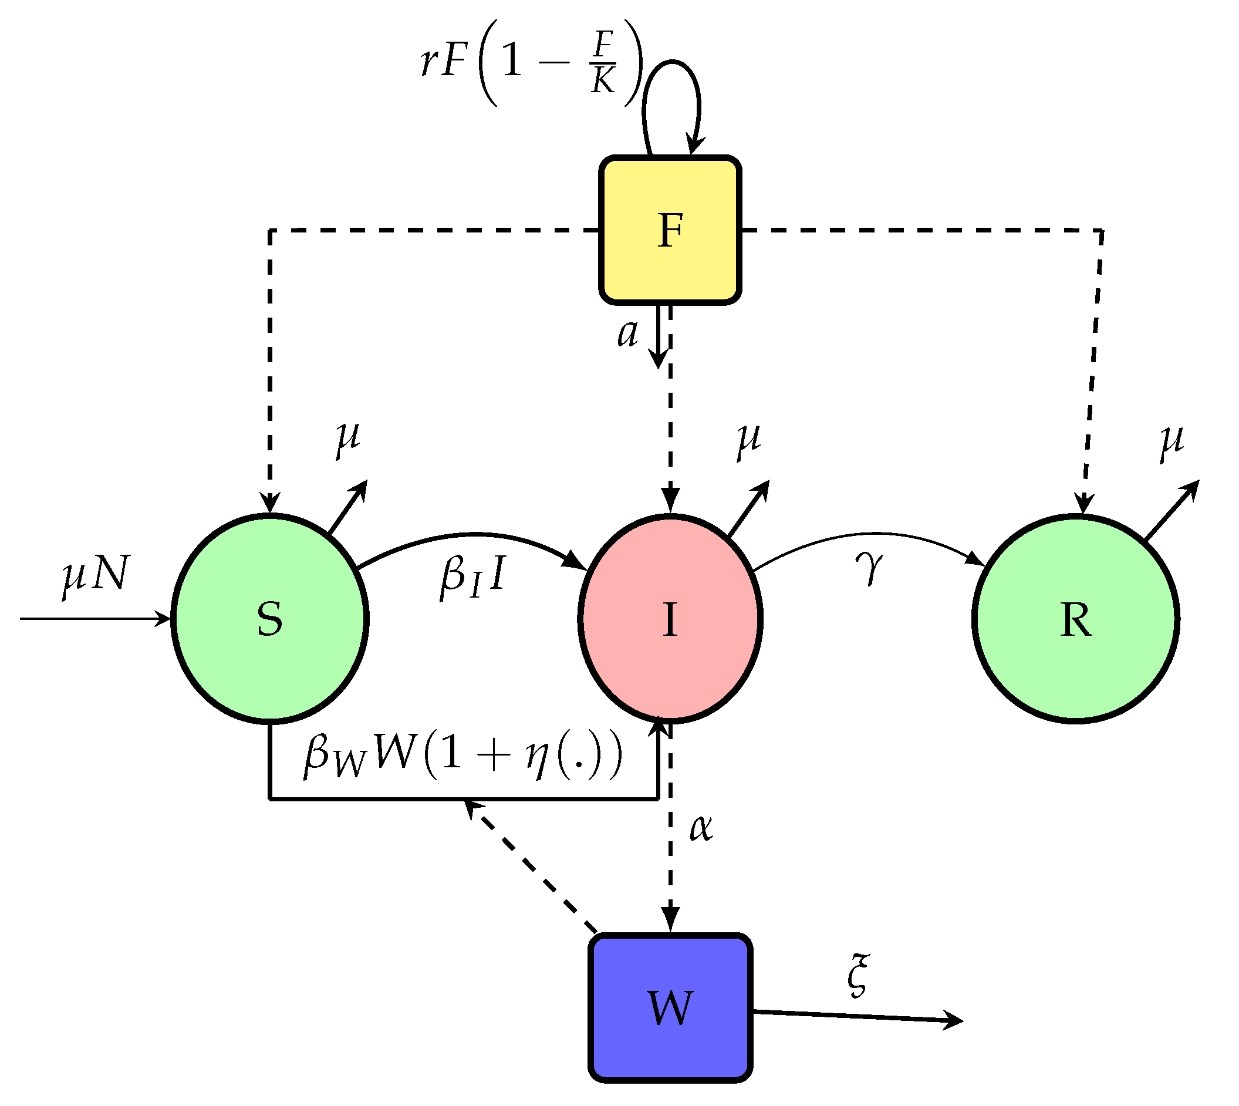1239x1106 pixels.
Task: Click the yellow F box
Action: pos(670,230)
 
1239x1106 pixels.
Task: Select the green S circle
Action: pos(270,619)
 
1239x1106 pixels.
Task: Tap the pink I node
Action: pos(670,619)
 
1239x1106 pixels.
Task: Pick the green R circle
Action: pos(1076,619)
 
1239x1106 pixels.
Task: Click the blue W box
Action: pos(670,1007)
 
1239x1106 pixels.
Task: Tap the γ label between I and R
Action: pos(870,568)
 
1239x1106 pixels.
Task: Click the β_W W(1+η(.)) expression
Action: pos(463,756)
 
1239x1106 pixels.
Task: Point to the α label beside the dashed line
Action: pos(701,828)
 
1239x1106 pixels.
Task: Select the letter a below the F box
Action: pos(627,333)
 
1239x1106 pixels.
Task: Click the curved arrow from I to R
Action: pos(869,534)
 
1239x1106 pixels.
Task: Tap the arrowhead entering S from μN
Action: pos(163,619)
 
